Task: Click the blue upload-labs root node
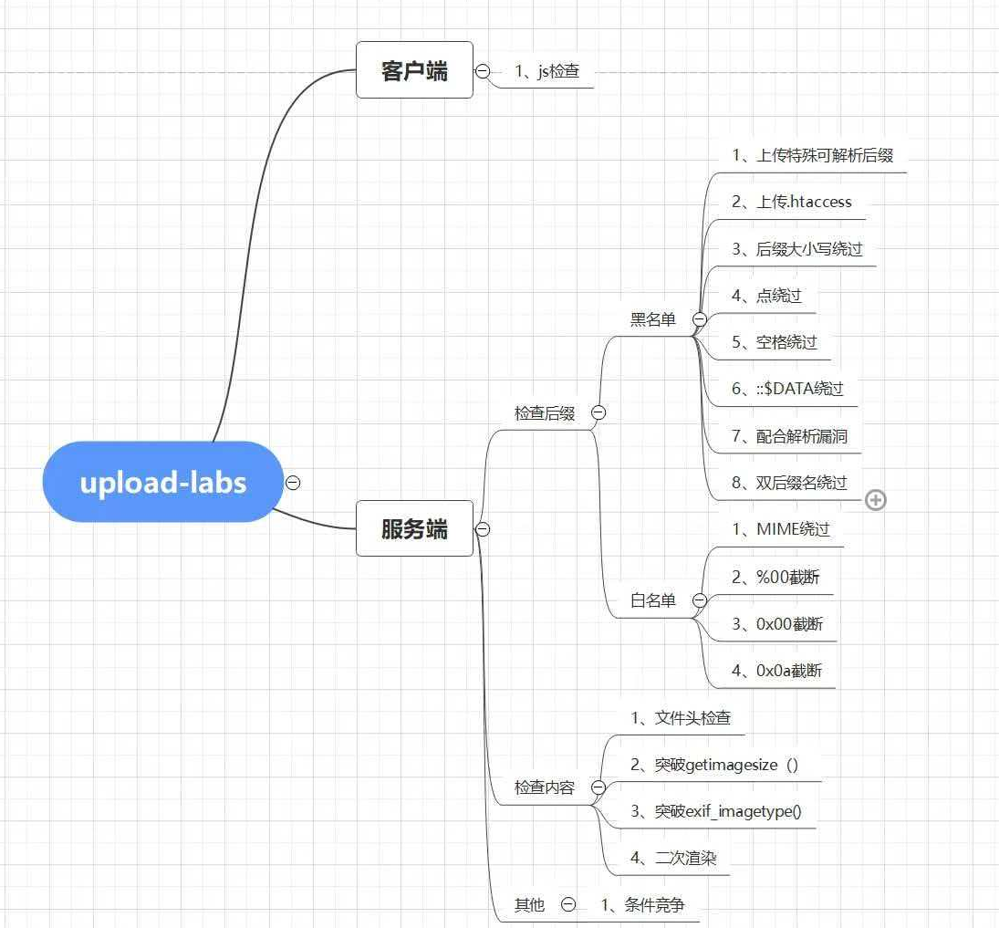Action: point(163,482)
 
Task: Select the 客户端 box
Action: point(414,70)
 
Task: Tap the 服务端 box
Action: point(414,528)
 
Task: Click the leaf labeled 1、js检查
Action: point(546,70)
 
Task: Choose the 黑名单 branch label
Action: point(653,318)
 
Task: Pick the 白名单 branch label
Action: point(653,600)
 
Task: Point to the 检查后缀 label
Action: point(545,413)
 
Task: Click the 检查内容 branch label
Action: point(545,787)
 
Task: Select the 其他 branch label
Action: point(529,904)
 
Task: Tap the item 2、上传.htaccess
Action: point(792,202)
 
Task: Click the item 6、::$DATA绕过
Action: point(787,389)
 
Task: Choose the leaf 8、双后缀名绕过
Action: point(789,483)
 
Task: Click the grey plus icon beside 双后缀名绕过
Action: point(876,500)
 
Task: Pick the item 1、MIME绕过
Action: point(781,529)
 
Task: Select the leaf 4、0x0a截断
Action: point(776,671)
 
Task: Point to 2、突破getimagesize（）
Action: point(714,765)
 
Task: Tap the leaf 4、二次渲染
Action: point(680,858)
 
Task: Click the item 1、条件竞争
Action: point(642,904)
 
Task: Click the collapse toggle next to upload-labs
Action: point(293,483)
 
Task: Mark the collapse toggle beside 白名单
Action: point(700,600)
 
